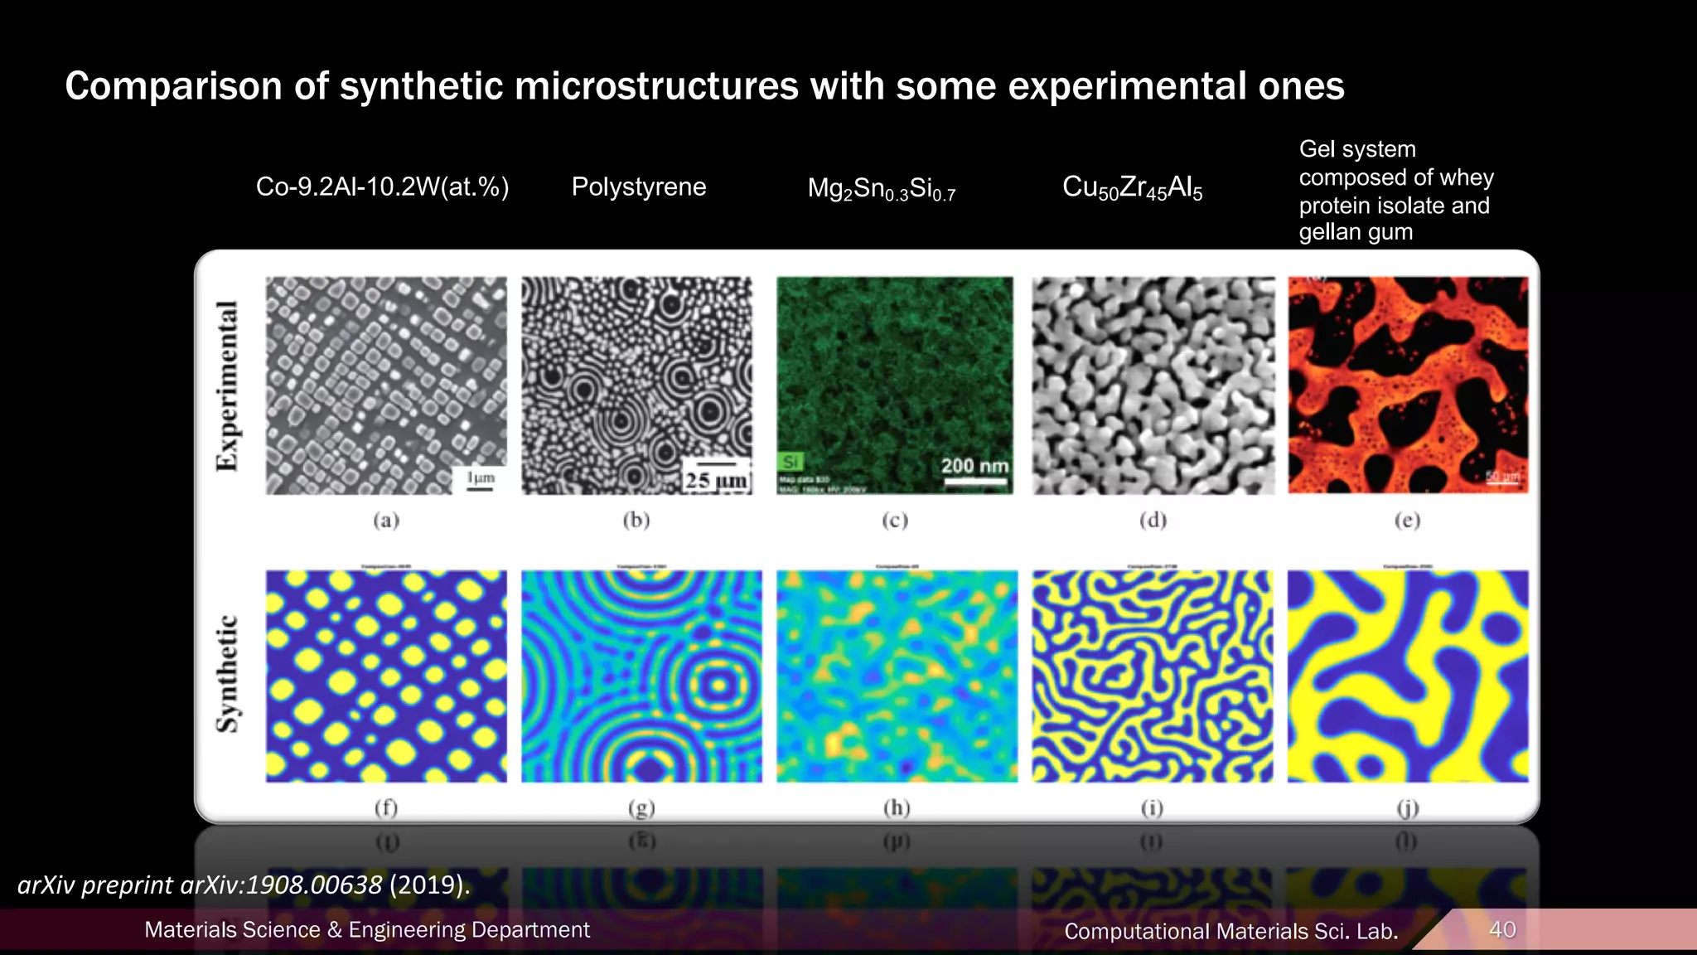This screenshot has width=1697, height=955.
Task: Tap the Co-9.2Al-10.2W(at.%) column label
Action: (382, 187)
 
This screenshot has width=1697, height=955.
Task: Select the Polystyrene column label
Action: (639, 187)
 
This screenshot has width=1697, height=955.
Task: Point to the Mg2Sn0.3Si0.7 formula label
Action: (882, 189)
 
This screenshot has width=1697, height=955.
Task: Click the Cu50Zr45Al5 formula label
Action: (1132, 188)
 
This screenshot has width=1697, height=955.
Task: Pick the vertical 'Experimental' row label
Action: (227, 385)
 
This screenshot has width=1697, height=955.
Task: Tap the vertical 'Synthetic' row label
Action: (227, 674)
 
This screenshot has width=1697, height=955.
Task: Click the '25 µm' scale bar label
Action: (716, 480)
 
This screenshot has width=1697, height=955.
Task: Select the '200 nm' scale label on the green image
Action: (974, 466)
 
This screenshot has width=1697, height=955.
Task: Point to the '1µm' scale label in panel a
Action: (481, 477)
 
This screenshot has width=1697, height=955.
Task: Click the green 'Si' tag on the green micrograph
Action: (791, 462)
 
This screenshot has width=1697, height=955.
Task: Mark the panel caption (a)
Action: (386, 520)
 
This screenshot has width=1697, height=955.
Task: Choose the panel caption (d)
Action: (1153, 520)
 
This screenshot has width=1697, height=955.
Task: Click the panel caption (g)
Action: (641, 807)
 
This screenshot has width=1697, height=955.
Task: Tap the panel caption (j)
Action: (1407, 807)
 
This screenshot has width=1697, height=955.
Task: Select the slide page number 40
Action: (1502, 929)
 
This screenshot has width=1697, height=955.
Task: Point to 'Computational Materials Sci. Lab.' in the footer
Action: (1230, 931)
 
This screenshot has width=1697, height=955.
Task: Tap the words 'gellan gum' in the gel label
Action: (1356, 232)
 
